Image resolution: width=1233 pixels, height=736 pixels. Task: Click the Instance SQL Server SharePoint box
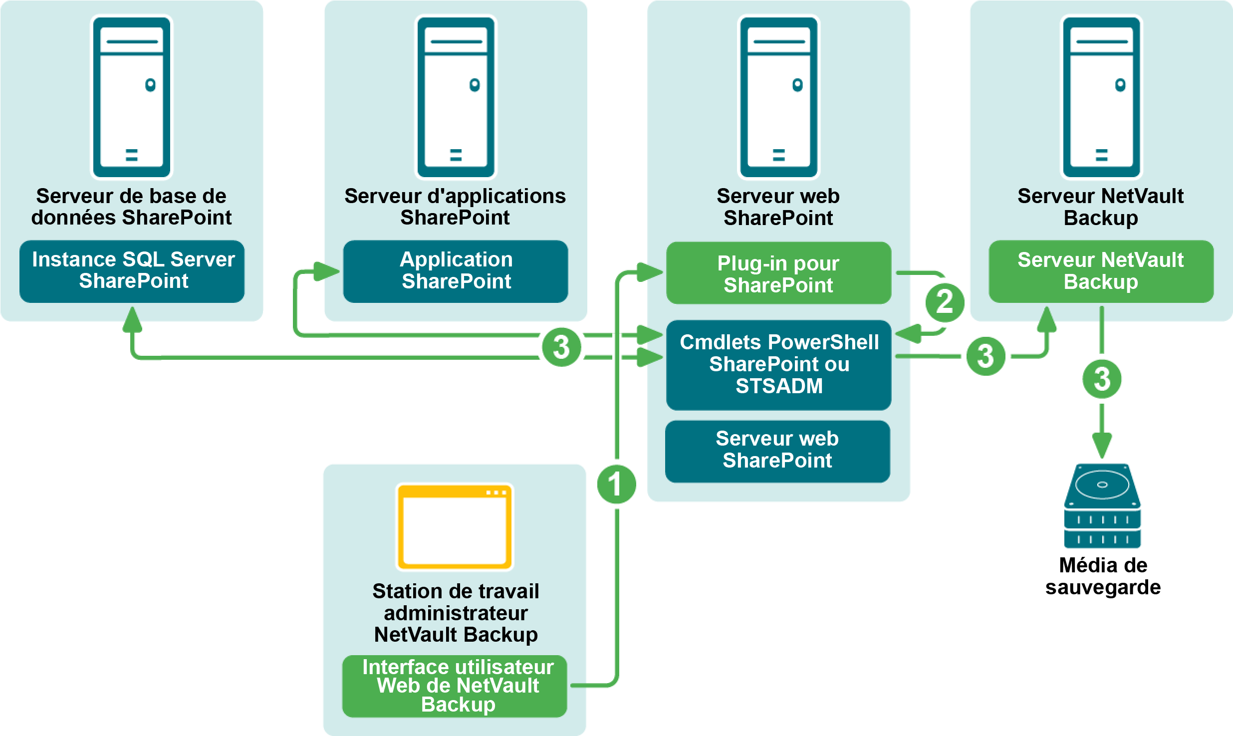click(x=132, y=271)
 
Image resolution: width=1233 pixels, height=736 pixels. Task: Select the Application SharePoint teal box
click(x=456, y=271)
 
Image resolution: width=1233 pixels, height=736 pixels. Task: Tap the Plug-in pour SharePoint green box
click(x=778, y=273)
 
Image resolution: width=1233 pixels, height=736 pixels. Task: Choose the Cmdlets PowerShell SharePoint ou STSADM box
click(x=778, y=364)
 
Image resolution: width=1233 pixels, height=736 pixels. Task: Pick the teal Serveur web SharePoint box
click(x=777, y=451)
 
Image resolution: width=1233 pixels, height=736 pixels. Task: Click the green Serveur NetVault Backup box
click(x=1101, y=271)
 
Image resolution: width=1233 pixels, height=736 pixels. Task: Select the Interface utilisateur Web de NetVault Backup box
click(x=455, y=686)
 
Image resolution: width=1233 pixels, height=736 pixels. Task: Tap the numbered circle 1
click(x=617, y=484)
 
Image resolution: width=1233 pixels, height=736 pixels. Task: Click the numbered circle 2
click(x=945, y=302)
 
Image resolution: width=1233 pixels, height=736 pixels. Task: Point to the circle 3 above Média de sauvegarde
click(x=1102, y=379)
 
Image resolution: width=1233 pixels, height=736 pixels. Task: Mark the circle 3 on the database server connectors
click(x=561, y=347)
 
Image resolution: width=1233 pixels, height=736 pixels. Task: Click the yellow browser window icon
click(x=455, y=527)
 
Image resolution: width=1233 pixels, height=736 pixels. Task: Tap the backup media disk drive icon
click(x=1102, y=505)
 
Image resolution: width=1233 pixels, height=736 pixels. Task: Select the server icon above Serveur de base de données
click(x=132, y=97)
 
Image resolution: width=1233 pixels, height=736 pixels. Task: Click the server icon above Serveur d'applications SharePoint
click(x=456, y=97)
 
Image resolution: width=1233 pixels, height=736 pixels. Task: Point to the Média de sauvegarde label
click(x=1103, y=576)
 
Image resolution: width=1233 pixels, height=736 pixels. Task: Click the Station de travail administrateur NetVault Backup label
click(x=456, y=613)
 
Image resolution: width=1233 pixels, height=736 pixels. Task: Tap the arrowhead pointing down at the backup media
click(x=1102, y=445)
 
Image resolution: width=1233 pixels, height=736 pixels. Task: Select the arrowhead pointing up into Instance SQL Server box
click(x=132, y=319)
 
